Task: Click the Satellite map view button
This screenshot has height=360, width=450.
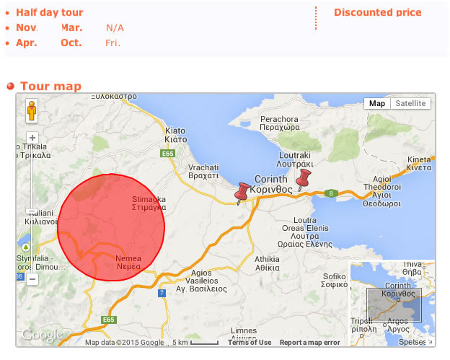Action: tap(411, 103)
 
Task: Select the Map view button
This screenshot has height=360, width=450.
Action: tap(377, 103)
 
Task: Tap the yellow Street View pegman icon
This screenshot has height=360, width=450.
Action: tap(32, 112)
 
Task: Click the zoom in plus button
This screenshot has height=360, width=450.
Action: tap(32, 138)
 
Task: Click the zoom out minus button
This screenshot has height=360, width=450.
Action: tap(32, 278)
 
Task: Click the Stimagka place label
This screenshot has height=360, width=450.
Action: tap(149, 203)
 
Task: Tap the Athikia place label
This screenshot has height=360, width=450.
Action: tap(267, 263)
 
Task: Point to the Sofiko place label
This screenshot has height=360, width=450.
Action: tap(335, 280)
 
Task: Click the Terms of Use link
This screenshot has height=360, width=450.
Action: tap(250, 343)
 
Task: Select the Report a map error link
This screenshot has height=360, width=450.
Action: tap(310, 343)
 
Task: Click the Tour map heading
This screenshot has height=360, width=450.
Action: tap(50, 87)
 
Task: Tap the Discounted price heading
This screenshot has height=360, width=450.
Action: tap(378, 12)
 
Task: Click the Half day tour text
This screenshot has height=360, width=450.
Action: tap(50, 12)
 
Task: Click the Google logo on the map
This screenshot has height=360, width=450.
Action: tap(42, 335)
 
